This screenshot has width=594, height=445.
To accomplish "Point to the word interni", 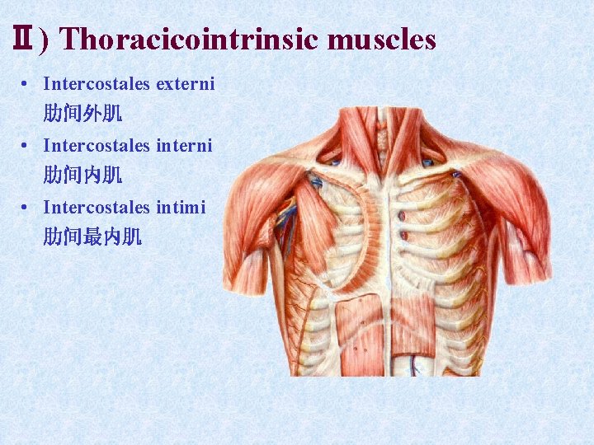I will click(184, 145).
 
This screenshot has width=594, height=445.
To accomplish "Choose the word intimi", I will click(180, 207).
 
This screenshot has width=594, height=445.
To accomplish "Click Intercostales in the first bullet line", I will click(97, 83).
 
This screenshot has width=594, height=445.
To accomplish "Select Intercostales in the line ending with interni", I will click(97, 145).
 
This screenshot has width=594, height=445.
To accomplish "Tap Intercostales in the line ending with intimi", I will click(97, 207).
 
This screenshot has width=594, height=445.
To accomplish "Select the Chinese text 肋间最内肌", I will click(92, 237).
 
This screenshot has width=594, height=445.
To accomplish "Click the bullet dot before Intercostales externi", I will click(28, 83).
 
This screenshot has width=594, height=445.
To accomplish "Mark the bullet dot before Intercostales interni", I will click(28, 145).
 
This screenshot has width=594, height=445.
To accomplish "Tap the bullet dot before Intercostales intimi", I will click(28, 207).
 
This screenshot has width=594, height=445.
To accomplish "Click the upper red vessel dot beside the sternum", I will click(404, 216).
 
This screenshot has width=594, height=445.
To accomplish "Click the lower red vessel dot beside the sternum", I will click(404, 236).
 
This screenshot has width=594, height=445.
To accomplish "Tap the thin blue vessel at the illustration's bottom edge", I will click(415, 368).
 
